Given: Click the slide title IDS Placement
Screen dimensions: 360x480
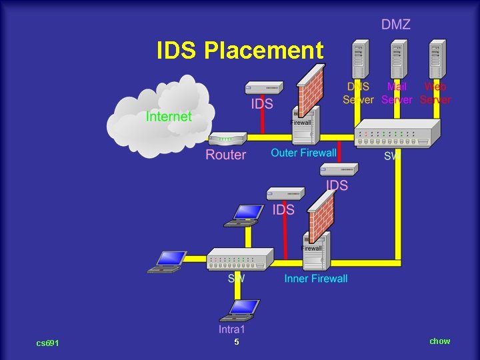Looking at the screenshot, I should point(240,51).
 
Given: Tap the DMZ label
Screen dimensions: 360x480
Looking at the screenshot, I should point(395,25).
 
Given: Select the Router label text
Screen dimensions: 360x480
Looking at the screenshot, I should point(225,155).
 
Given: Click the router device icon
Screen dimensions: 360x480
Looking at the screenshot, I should point(227,139).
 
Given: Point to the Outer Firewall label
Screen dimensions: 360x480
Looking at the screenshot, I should point(303,153).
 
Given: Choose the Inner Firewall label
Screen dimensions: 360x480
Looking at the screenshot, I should point(315,278).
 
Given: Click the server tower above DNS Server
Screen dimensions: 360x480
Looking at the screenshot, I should point(360,60).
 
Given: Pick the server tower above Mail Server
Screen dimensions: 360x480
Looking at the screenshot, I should point(399,60).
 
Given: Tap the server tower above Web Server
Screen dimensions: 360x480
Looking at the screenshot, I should point(437,60).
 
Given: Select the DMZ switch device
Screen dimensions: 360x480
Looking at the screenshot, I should point(397,133).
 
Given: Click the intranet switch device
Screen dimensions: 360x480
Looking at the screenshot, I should point(240,259).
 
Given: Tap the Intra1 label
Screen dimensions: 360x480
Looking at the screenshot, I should point(232,329).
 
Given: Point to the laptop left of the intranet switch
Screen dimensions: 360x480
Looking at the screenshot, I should point(167,261).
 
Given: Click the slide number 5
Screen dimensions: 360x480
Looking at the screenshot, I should point(236,342).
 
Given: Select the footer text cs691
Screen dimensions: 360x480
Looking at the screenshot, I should point(47,343).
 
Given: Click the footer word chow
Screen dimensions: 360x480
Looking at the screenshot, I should point(439,341).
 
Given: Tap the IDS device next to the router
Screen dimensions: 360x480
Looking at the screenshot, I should point(264,87).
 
